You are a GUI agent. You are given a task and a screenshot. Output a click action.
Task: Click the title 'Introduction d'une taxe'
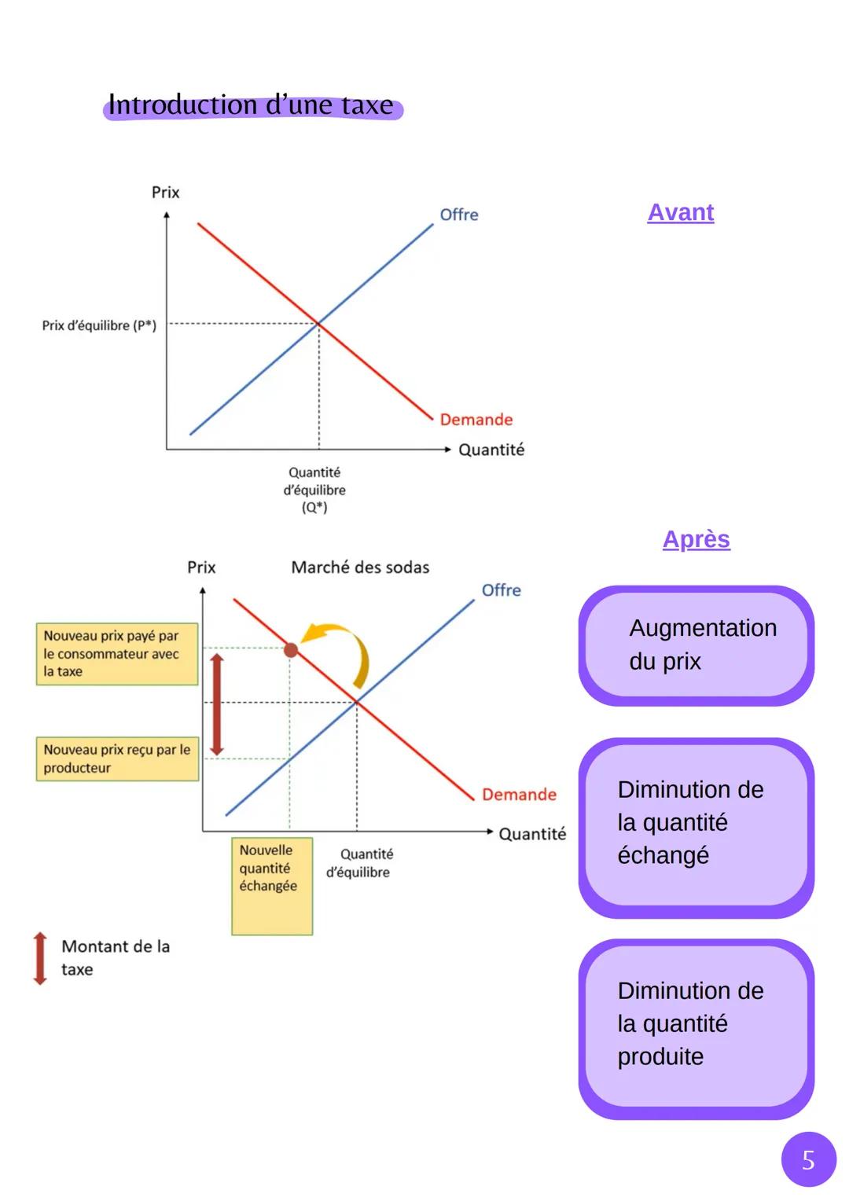pos(251,105)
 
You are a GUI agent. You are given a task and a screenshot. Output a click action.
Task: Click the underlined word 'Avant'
pos(680,212)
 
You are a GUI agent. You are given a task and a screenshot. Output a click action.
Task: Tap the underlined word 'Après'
pos(696,539)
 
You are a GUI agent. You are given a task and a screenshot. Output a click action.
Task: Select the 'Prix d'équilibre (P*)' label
pos(99,325)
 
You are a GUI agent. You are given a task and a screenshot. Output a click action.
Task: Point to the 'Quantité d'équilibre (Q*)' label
pos(314,490)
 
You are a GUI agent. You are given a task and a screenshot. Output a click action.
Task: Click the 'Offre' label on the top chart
pos(458,215)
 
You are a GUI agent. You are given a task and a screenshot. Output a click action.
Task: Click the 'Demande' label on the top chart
pos(476,420)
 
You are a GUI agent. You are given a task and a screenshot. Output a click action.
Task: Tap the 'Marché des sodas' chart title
pos(360,567)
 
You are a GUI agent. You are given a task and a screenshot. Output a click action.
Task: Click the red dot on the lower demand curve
pos(291,650)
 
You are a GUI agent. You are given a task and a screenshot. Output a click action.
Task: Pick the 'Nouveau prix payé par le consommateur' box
pos(116,654)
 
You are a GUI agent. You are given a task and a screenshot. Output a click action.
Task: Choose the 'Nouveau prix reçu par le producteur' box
pos(116,758)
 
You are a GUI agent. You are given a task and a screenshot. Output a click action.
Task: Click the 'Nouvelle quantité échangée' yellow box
pos(272,886)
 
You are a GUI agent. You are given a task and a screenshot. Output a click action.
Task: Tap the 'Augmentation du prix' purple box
pos(696,645)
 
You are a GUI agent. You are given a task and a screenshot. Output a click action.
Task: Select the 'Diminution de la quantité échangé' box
pos(696,825)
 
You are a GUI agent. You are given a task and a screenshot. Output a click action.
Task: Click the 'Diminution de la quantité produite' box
pos(696,1027)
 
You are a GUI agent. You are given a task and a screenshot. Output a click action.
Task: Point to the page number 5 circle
pos(808,1159)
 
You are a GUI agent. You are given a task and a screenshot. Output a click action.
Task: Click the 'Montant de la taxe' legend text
pos(115,957)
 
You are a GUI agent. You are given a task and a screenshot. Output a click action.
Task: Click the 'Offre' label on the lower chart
pos(501,590)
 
